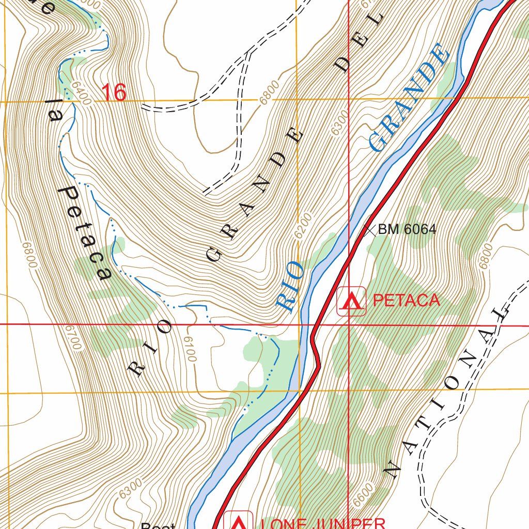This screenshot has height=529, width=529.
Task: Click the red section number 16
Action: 114,93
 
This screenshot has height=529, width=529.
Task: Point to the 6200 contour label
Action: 305,226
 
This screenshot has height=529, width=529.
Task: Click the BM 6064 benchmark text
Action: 407,229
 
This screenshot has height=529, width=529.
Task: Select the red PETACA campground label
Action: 406,300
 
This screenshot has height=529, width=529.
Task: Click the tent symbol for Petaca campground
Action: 352,301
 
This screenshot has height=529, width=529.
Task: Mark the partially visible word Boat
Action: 158,525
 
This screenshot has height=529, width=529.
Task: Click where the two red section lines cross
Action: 349,326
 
